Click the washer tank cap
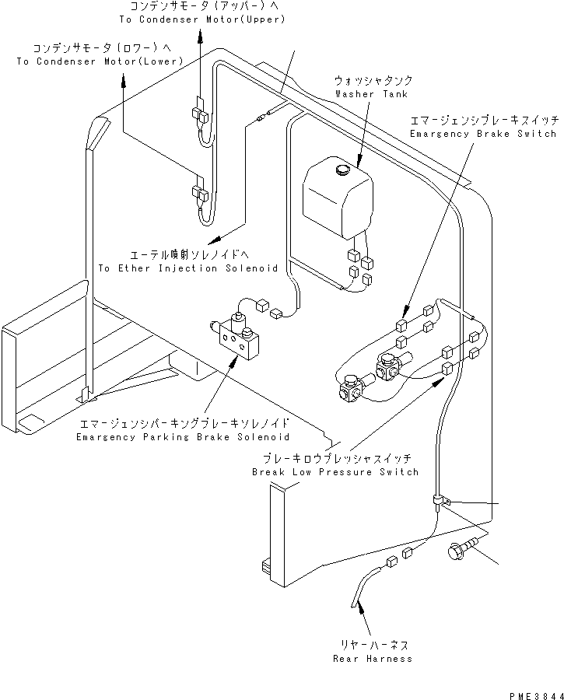342,169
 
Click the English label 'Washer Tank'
371,94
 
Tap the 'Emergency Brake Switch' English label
482,134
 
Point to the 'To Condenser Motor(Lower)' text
100,61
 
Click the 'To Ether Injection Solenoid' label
189,268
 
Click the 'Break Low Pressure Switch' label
335,472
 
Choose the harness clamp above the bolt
440,499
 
